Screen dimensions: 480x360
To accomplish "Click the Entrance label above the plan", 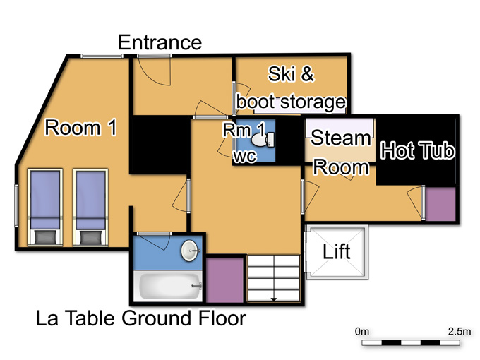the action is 160,42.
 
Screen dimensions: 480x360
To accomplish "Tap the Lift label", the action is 337,251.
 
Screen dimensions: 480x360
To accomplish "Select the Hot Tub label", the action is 418,150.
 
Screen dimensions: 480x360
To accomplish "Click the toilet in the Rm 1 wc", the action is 263,139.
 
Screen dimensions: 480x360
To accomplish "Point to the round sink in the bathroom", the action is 190,251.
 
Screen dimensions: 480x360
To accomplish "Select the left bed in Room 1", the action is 45,207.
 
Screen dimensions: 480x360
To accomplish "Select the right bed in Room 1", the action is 90,207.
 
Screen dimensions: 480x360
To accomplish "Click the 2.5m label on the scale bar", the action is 460,332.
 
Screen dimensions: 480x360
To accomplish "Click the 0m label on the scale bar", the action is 362,332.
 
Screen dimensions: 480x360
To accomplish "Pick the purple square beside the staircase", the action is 225,280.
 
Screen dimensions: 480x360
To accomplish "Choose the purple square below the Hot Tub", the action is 440,204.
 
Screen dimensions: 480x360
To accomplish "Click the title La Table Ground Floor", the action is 140,318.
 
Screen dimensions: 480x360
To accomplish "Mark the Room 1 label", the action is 80,128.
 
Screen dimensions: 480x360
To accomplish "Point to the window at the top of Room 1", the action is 102,56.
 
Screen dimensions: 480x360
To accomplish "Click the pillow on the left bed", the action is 45,238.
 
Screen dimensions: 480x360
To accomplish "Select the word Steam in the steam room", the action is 341,138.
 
